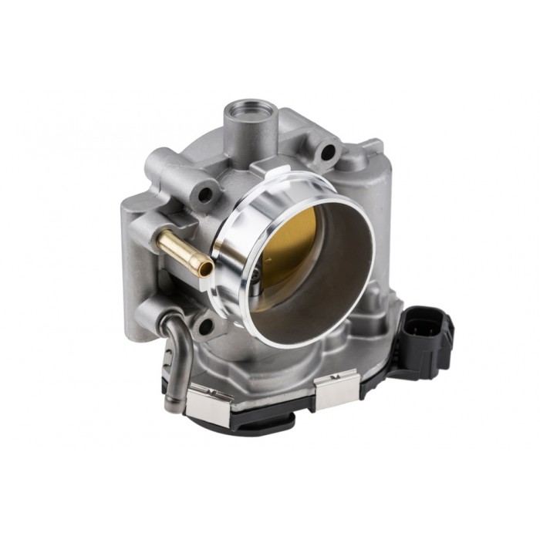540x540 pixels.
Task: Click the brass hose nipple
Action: point(181,251)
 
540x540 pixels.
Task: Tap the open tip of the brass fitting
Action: point(205,267)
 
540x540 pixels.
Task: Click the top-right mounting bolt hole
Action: point(329,152)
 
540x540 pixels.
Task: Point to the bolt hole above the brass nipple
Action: point(204,194)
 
